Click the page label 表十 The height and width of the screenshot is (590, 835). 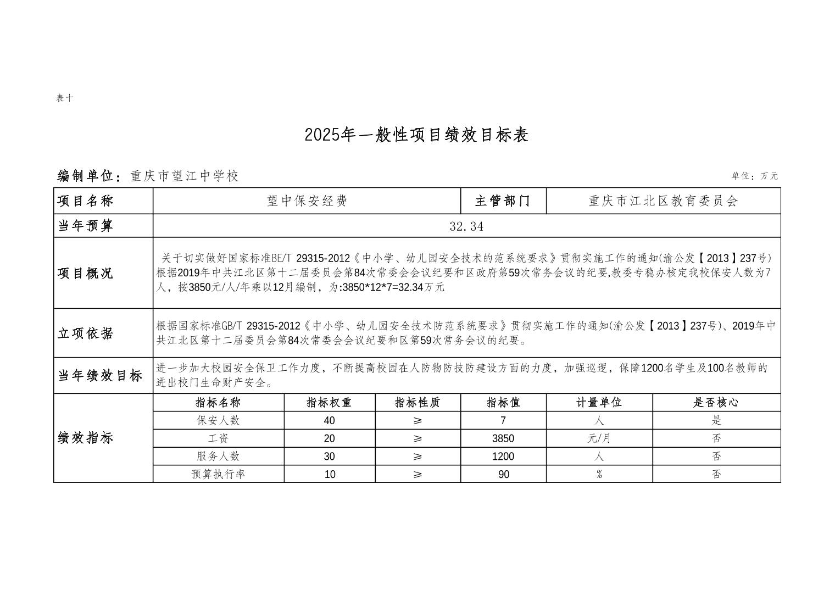pyautogui.click(x=64, y=98)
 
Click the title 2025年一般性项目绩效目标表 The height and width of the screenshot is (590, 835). pyautogui.click(x=416, y=135)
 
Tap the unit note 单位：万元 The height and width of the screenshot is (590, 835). pyautogui.click(x=754, y=176)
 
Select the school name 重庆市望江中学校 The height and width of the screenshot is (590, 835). pyautogui.click(x=185, y=176)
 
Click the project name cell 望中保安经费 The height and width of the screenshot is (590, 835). pyautogui.click(x=307, y=201)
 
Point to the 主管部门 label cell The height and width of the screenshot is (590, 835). pyautogui.click(x=503, y=201)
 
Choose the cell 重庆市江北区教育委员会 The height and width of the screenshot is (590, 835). pyautogui.click(x=663, y=201)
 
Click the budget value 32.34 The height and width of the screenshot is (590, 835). pyautogui.click(x=466, y=226)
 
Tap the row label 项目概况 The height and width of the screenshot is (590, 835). pyautogui.click(x=86, y=273)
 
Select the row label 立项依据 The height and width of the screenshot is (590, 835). pyautogui.click(x=86, y=333)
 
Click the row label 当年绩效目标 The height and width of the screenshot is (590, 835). pyautogui.click(x=101, y=376)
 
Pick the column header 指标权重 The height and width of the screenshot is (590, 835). pyautogui.click(x=329, y=403)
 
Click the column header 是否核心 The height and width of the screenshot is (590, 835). pyautogui.click(x=716, y=403)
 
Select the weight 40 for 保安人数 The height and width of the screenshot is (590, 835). pyautogui.click(x=329, y=421)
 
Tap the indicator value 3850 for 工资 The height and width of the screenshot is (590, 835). pyautogui.click(x=503, y=438)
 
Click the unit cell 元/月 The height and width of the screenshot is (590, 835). pyautogui.click(x=599, y=438)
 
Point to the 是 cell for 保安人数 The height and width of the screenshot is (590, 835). pyautogui.click(x=716, y=421)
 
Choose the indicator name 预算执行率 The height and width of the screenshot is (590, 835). pyautogui.click(x=218, y=474)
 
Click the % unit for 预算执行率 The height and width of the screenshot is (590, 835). pyautogui.click(x=599, y=474)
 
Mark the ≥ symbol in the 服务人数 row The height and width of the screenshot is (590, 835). pyautogui.click(x=417, y=457)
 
